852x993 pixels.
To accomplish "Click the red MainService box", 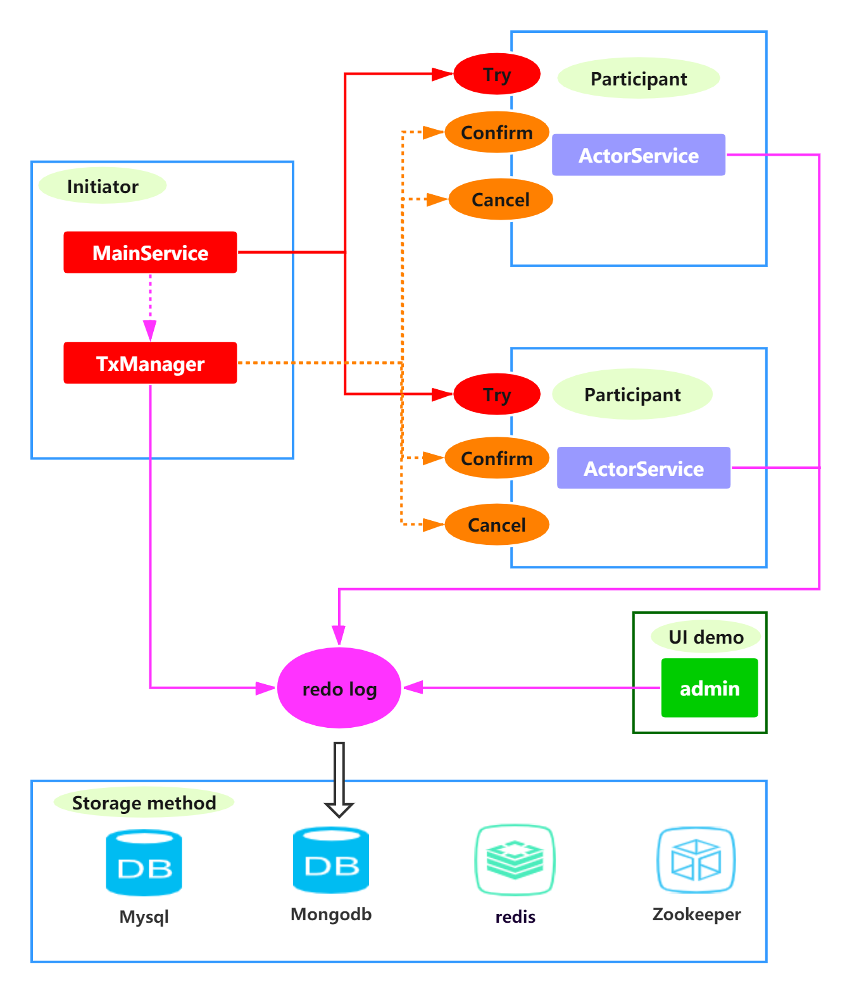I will coord(150,253).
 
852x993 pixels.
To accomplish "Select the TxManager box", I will coord(150,363).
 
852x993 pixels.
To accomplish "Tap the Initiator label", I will coord(103,186).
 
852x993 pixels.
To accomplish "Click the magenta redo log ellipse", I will coord(339,688).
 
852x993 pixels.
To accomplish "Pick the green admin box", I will coord(709,688).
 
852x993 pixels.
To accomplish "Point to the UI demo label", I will coord(706,637).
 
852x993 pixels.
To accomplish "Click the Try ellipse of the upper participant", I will coord(497,74).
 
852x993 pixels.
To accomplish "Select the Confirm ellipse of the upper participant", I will coord(497,132).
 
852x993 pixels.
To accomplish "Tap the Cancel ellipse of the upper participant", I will coord(500,199).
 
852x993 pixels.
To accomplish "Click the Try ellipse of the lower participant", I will coord(497,394).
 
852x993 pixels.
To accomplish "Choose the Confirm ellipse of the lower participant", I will coord(497,458).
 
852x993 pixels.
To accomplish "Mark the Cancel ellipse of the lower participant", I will coord(497,525).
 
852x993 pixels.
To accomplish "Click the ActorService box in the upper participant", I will coord(639,155).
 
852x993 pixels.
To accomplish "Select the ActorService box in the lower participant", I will coord(644,468).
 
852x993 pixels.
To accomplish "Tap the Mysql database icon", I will coord(144,863).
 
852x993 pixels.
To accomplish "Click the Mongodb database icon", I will coord(331,861).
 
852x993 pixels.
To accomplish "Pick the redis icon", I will coord(515,859).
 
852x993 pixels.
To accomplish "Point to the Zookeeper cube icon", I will coord(696,859).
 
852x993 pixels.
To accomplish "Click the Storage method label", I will coord(144,803).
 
